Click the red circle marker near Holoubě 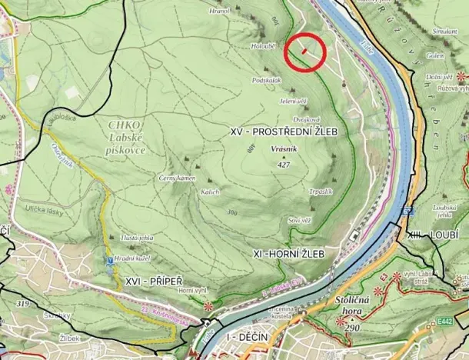click(305, 52)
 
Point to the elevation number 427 click(284, 165)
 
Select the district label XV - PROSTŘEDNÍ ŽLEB click(284, 132)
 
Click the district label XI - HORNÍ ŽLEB click(288, 253)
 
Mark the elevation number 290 click(352, 328)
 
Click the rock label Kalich click(210, 192)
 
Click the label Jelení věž click(294, 101)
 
